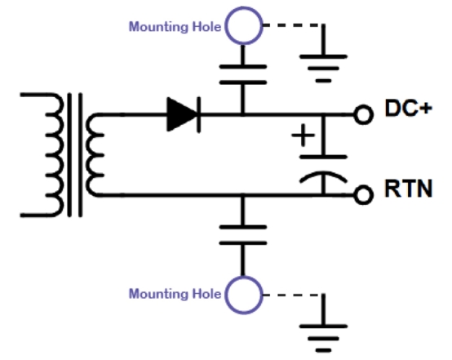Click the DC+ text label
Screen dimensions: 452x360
tap(409, 109)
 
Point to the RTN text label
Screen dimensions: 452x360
tap(409, 189)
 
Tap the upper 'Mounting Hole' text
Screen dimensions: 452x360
tap(175, 27)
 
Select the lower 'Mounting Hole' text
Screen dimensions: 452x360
tap(175, 294)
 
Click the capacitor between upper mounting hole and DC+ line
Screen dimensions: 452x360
tap(243, 75)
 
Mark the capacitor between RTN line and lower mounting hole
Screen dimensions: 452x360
tap(243, 235)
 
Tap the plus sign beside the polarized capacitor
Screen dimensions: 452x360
tap(303, 135)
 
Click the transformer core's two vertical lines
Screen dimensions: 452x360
tap(75, 155)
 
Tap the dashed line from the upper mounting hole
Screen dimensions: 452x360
tap(292, 25)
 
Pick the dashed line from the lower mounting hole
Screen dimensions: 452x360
tap(292, 295)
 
